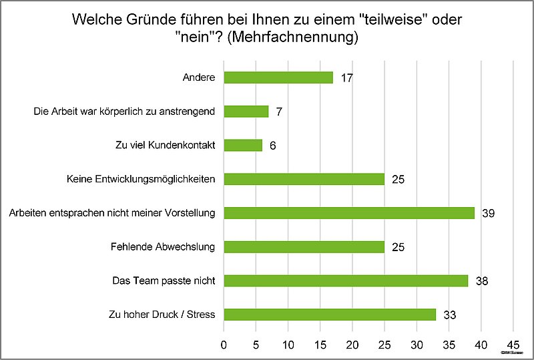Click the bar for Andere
pos(278,77)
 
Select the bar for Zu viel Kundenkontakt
pos(243,145)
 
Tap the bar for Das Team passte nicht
pos(346,281)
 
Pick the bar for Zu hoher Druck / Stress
pos(330,314)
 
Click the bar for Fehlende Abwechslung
pos(304,246)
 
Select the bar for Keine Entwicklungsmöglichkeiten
pos(304,179)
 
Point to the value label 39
pos(487,213)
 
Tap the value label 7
pos(279,112)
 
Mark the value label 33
pos(449,315)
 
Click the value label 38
pos(481,281)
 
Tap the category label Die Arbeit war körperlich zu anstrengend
pos(124,112)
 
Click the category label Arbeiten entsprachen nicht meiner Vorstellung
pos(111,213)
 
